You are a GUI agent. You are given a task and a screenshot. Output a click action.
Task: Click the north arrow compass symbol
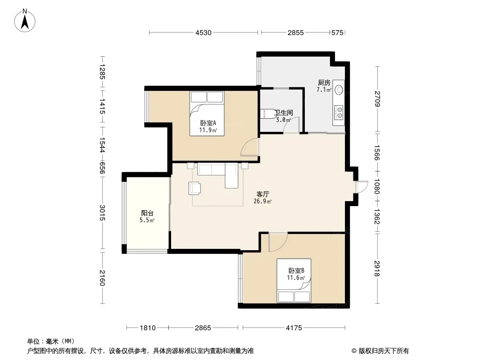(x=25, y=21)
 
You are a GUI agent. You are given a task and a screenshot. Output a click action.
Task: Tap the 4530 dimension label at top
(x=203, y=33)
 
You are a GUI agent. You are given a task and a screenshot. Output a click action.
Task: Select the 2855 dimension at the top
(x=295, y=33)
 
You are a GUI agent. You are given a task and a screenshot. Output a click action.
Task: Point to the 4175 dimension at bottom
(x=294, y=328)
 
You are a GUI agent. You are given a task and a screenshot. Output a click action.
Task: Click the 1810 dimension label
(x=148, y=328)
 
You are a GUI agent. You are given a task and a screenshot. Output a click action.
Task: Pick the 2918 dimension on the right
(x=377, y=268)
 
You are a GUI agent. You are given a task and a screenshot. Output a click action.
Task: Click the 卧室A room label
(x=208, y=123)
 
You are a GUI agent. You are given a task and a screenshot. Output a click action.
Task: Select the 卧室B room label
(x=296, y=271)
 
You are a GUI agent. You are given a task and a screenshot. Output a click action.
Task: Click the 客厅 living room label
(x=263, y=194)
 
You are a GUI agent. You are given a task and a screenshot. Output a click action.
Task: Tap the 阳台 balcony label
(x=147, y=213)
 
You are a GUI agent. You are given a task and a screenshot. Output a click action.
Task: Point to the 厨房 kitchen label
(x=324, y=83)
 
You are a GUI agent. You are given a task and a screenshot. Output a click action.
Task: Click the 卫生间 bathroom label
(x=284, y=112)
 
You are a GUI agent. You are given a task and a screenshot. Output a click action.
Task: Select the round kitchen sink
(x=339, y=90)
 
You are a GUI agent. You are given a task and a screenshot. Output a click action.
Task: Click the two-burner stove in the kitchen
(x=339, y=112)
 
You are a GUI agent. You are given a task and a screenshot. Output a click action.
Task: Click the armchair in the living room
(x=195, y=188)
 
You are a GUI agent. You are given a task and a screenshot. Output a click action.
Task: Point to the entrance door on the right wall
(x=362, y=187)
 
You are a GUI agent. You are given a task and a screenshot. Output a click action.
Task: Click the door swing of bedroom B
(x=278, y=242)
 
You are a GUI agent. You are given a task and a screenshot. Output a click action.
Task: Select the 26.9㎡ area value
(x=263, y=201)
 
